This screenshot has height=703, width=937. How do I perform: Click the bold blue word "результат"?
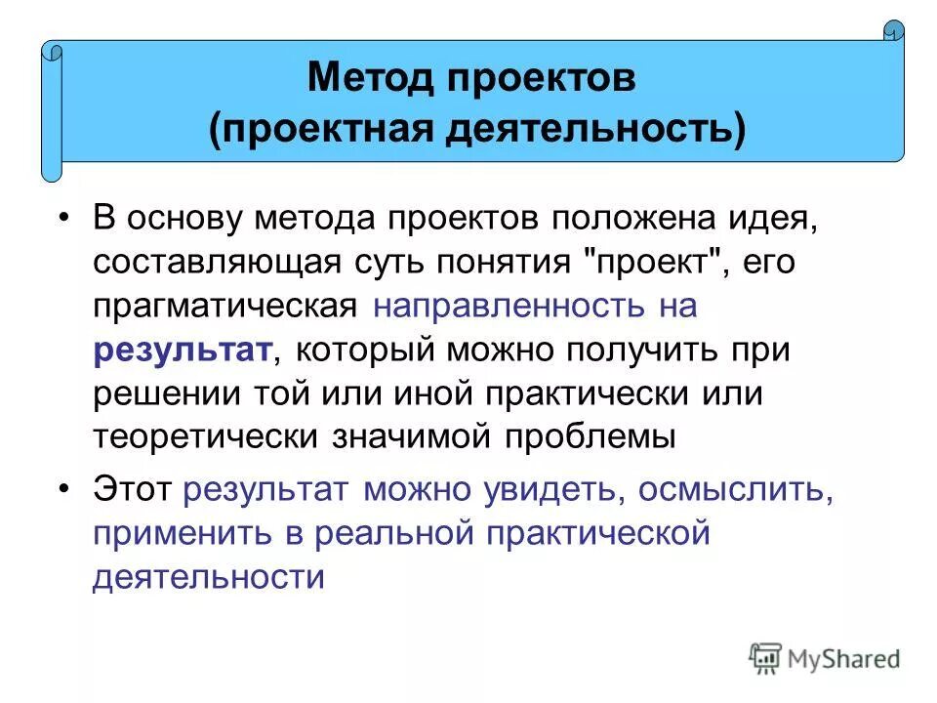pos(183,351)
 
